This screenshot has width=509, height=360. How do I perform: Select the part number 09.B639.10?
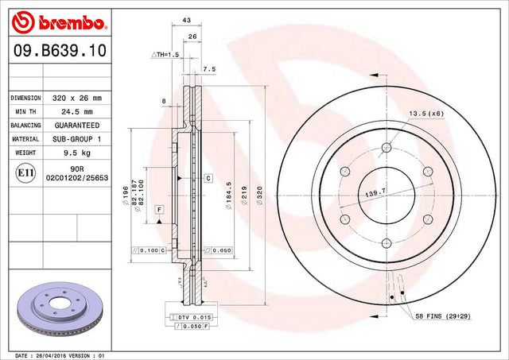coord(60,51)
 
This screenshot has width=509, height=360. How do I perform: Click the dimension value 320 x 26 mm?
coord(77,98)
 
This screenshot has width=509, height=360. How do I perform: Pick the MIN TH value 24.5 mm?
coord(77,111)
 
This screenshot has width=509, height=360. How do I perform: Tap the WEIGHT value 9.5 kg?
coord(77,153)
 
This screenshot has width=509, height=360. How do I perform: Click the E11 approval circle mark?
coord(25,173)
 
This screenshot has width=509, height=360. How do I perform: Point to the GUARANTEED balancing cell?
coord(77,126)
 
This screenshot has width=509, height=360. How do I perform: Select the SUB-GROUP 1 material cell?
coord(77,139)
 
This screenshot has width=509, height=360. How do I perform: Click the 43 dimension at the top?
coord(186,20)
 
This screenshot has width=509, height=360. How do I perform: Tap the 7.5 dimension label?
coord(209,69)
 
